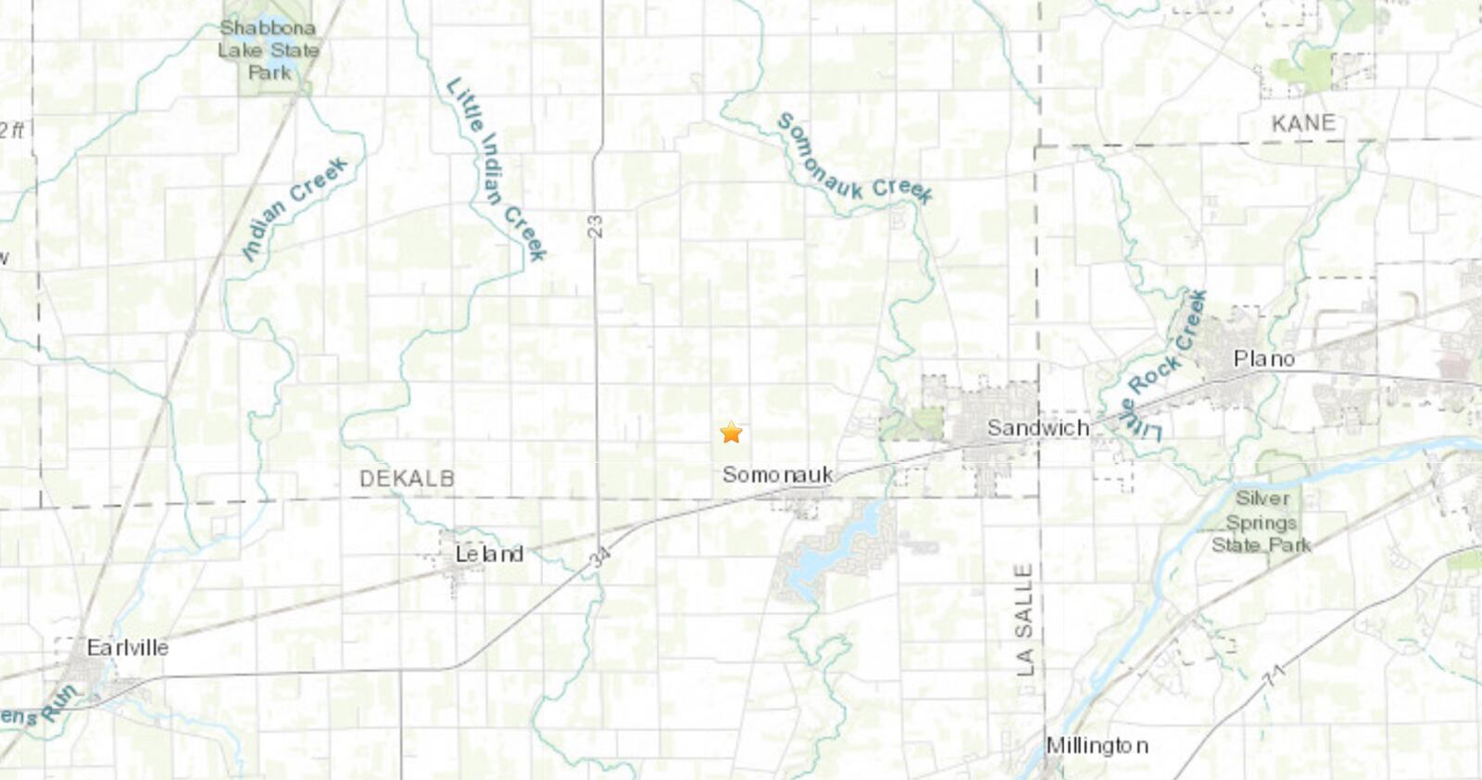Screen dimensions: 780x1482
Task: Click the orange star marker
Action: coord(731,433)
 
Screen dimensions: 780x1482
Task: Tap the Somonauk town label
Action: coord(777,475)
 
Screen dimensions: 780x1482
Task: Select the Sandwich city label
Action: coord(1037,428)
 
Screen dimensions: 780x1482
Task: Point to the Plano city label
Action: coord(1263,359)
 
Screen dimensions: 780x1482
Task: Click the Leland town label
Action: coord(489,554)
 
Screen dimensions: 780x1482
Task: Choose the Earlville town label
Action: coord(127,648)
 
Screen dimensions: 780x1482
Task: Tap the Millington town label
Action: coord(1097,746)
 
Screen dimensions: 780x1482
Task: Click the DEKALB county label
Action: coord(407,479)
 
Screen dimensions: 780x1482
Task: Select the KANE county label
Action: coord(1303,123)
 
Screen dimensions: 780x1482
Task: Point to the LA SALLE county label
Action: coord(1024,619)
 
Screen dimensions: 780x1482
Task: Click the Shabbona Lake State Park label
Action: coord(269,50)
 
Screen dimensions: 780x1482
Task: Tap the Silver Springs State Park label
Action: coord(1262,522)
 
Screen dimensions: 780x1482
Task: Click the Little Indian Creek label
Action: coord(496,169)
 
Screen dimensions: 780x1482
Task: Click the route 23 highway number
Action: coord(595,226)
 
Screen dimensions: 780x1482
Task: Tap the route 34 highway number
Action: coord(599,557)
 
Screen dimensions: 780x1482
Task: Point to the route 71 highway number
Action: coord(1275,675)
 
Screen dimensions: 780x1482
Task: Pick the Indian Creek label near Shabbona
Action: coord(295,208)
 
